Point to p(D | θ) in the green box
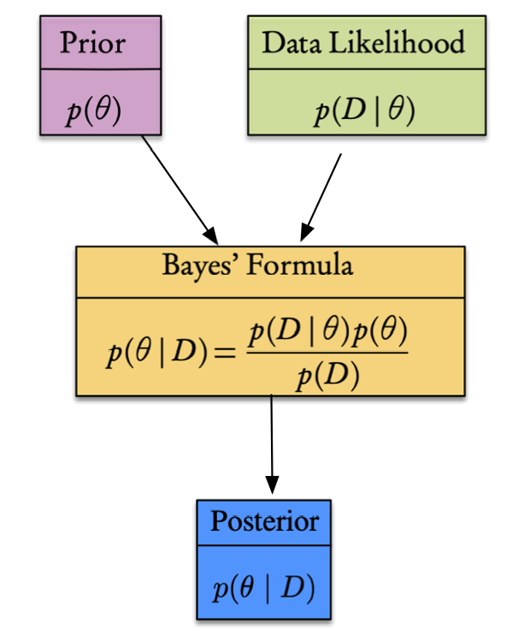364,111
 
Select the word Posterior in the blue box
264,521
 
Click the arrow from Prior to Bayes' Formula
178,187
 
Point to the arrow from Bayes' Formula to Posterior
272,441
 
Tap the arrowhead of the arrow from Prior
210,235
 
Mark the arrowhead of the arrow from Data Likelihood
305,233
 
